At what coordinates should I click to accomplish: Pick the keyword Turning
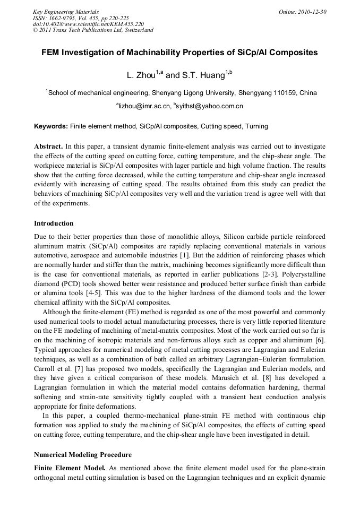[x=257, y=127]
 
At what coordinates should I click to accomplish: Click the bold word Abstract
[x=49, y=146]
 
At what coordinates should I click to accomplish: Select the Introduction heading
[x=54, y=223]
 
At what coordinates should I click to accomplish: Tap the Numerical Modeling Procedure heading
[x=83, y=455]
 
